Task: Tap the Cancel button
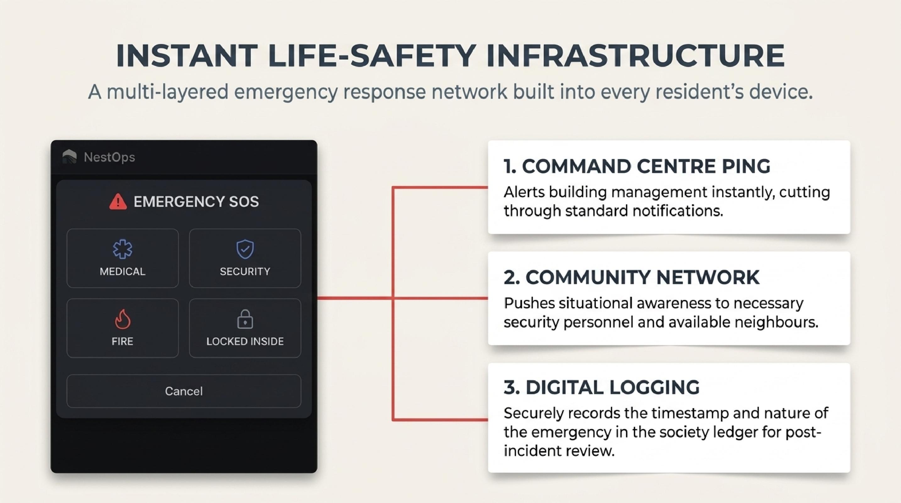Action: coord(184,391)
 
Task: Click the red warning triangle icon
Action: coord(118,202)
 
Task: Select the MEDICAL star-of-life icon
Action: coord(123,249)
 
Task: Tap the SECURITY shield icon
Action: coord(245,249)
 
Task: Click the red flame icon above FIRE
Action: coord(123,319)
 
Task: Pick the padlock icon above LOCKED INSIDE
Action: coord(245,319)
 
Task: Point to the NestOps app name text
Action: coord(109,157)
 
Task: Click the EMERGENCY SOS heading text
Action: coord(196,202)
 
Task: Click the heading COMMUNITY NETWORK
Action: coord(631,277)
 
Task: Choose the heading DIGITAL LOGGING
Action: coord(602,388)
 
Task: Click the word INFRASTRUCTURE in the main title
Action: coord(635,56)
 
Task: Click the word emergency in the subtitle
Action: coord(286,92)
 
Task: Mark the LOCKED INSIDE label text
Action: coord(245,341)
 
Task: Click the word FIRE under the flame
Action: coord(123,341)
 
